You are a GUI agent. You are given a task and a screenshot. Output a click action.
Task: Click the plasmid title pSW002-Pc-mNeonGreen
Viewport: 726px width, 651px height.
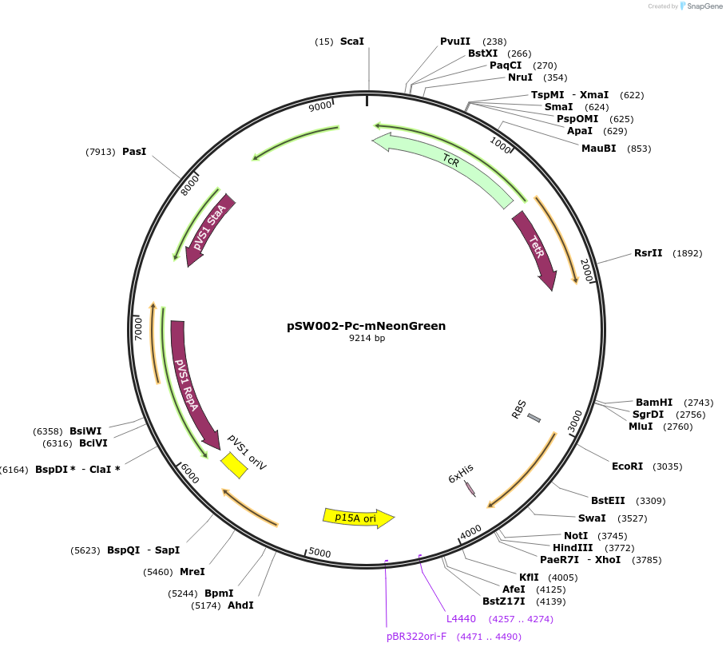366,326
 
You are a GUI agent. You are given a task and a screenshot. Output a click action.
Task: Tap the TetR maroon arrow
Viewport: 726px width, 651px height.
536,248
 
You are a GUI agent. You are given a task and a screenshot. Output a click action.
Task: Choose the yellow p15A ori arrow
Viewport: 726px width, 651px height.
358,518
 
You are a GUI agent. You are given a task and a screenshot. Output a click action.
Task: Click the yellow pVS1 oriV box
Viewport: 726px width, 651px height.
234,465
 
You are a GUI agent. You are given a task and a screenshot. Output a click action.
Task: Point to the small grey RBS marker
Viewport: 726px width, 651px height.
534,418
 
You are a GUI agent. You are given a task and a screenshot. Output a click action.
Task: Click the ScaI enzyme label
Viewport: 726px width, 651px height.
352,41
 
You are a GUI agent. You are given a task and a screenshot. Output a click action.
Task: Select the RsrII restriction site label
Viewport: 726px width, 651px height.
648,253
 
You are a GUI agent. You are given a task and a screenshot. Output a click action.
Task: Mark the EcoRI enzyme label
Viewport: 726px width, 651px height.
627,466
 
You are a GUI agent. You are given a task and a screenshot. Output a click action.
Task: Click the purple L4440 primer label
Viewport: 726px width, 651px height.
461,618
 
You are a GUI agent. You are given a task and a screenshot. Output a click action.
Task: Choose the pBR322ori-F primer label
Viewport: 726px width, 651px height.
416,637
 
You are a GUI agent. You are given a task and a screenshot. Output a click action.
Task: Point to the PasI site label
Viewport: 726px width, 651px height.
134,151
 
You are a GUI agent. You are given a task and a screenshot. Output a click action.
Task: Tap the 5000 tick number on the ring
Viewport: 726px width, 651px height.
319,553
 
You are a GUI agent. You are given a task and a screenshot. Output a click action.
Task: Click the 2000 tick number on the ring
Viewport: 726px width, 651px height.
587,272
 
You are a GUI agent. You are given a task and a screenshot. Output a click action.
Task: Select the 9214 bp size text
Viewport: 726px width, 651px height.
367,339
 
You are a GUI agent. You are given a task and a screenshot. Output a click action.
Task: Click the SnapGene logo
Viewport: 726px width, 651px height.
700,6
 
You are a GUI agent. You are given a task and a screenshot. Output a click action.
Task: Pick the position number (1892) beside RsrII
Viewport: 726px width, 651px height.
688,253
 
